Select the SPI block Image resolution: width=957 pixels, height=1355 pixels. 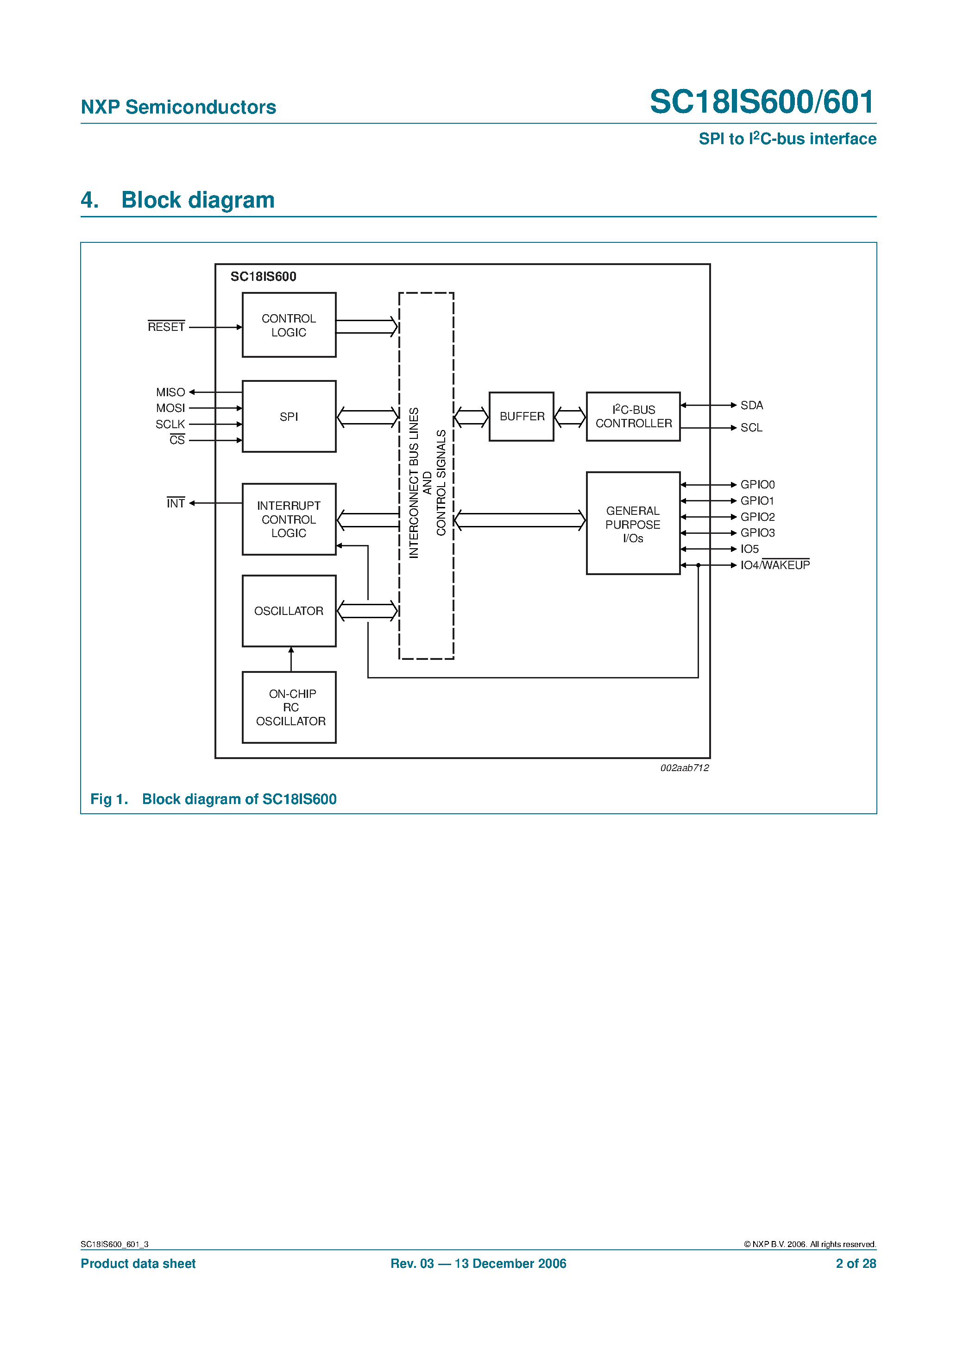click(x=289, y=416)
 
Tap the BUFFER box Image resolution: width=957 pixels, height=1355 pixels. click(x=521, y=416)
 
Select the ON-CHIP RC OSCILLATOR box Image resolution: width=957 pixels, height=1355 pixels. click(x=289, y=707)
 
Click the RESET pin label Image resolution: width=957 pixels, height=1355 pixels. click(x=166, y=327)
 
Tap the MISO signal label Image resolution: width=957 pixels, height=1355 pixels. click(x=170, y=392)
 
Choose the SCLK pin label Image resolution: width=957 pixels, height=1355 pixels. click(x=170, y=424)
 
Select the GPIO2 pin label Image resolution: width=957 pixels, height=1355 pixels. click(x=757, y=517)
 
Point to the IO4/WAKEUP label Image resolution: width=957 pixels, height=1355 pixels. click(x=774, y=565)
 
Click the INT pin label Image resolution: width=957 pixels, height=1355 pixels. click(x=175, y=503)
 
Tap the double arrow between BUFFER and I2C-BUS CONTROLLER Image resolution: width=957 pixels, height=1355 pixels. click(x=569, y=417)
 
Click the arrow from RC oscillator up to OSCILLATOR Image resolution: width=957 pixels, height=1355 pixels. click(x=291, y=659)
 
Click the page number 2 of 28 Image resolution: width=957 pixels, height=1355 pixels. click(x=855, y=1264)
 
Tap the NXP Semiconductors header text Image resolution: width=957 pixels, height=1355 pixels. click(x=178, y=107)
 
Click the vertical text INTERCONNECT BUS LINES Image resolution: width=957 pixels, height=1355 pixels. click(x=414, y=483)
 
